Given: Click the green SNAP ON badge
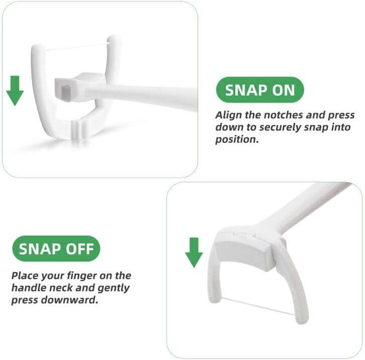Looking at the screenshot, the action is point(260,90).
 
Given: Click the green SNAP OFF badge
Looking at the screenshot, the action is point(56,248).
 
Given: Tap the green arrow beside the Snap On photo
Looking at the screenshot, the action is point(15,90).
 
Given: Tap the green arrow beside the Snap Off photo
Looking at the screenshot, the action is point(194,252).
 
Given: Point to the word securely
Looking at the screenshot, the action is point(277,127).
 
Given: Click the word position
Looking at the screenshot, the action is point(237,139).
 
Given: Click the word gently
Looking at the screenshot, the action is point(113,288).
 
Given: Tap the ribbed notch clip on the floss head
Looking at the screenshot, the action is point(77,130).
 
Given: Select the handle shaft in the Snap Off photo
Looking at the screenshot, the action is point(310,207).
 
